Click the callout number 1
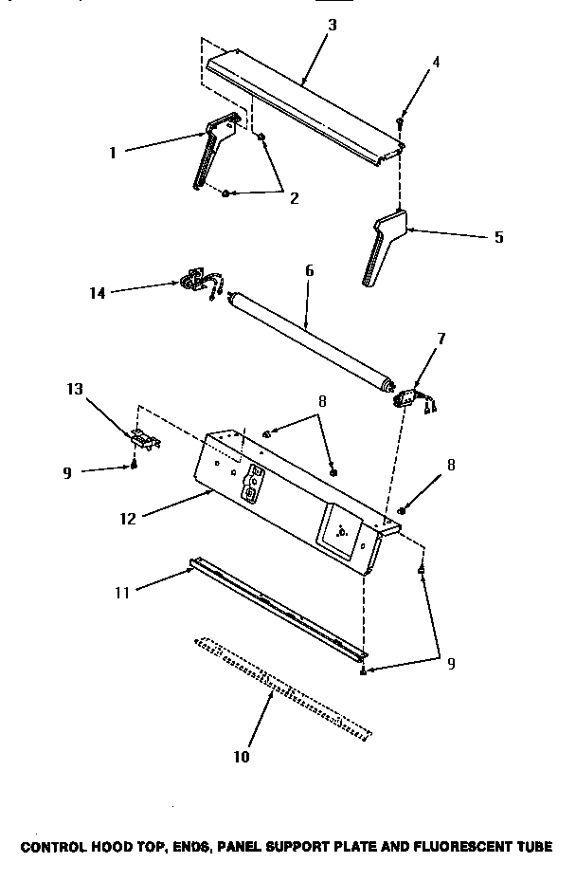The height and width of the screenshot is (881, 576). [x=112, y=152]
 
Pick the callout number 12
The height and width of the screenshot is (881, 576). [x=128, y=518]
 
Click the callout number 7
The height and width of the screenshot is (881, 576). [x=441, y=338]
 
